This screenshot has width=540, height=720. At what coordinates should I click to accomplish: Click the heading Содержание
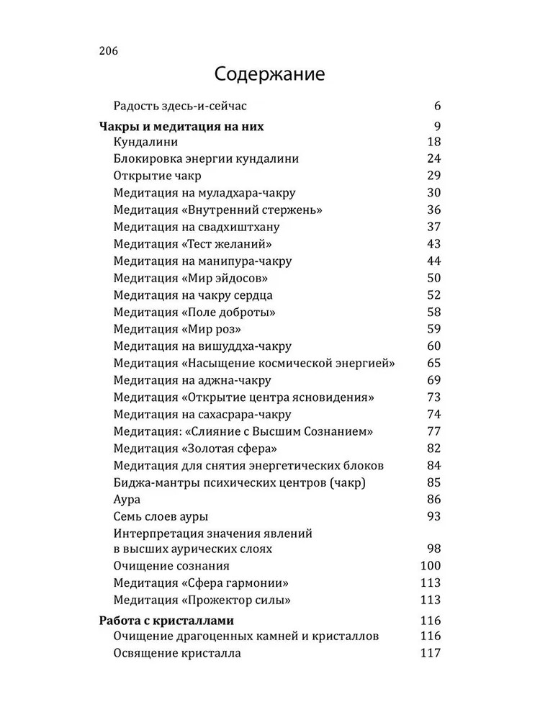coord(269,75)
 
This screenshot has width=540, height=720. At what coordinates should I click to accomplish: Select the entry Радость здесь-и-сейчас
coord(180,107)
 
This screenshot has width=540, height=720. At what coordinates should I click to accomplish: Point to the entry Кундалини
coord(145,142)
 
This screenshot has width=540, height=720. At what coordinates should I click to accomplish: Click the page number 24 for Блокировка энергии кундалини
coord(433,158)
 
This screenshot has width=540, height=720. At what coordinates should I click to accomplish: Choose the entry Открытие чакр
coord(157,176)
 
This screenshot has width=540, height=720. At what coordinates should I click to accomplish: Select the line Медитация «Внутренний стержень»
coord(217,210)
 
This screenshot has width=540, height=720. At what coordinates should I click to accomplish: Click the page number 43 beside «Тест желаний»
coord(433,244)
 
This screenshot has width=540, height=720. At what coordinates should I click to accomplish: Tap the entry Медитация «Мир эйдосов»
coord(194,278)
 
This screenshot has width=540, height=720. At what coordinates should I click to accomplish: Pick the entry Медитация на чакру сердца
coord(193,295)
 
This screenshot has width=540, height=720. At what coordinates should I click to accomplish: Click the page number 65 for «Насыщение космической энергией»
coord(433,364)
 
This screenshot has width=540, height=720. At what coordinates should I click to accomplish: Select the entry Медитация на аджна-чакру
coord(192,380)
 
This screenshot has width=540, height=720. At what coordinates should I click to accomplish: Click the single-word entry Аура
coord(127,499)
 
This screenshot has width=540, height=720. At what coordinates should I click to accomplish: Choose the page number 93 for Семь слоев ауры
coord(433,516)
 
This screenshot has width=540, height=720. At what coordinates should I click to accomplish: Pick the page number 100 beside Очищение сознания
coord(430,566)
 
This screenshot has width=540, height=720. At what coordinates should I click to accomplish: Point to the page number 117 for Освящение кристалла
coord(430,654)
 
